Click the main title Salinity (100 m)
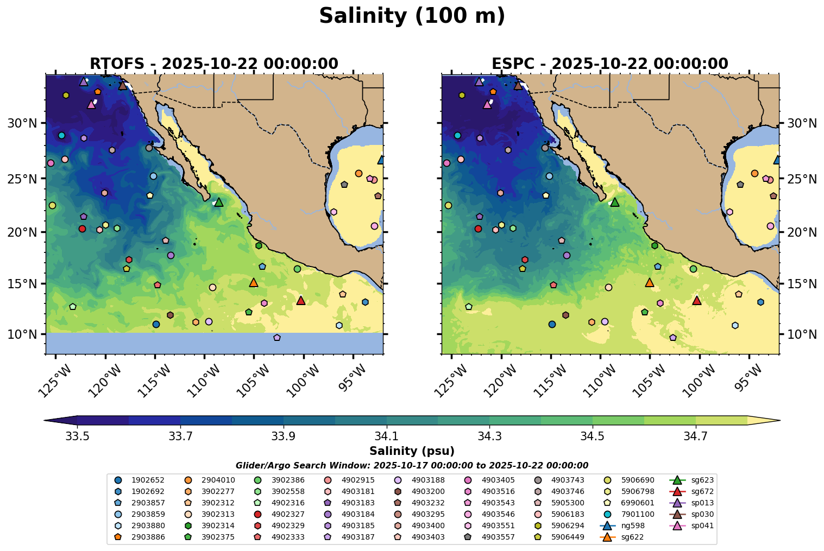(x=412, y=16)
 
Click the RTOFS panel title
(x=213, y=64)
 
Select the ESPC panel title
(x=609, y=64)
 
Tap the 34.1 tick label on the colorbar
(x=386, y=436)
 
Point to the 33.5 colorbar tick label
(x=77, y=436)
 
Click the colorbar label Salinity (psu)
(x=412, y=451)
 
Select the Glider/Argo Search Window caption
(x=412, y=465)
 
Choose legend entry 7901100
(x=641, y=514)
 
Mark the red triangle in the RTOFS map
(x=301, y=300)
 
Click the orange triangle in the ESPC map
(x=649, y=282)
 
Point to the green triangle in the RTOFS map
(x=219, y=202)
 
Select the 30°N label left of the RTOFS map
(x=22, y=123)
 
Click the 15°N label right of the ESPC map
(x=802, y=284)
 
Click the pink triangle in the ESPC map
(x=487, y=104)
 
